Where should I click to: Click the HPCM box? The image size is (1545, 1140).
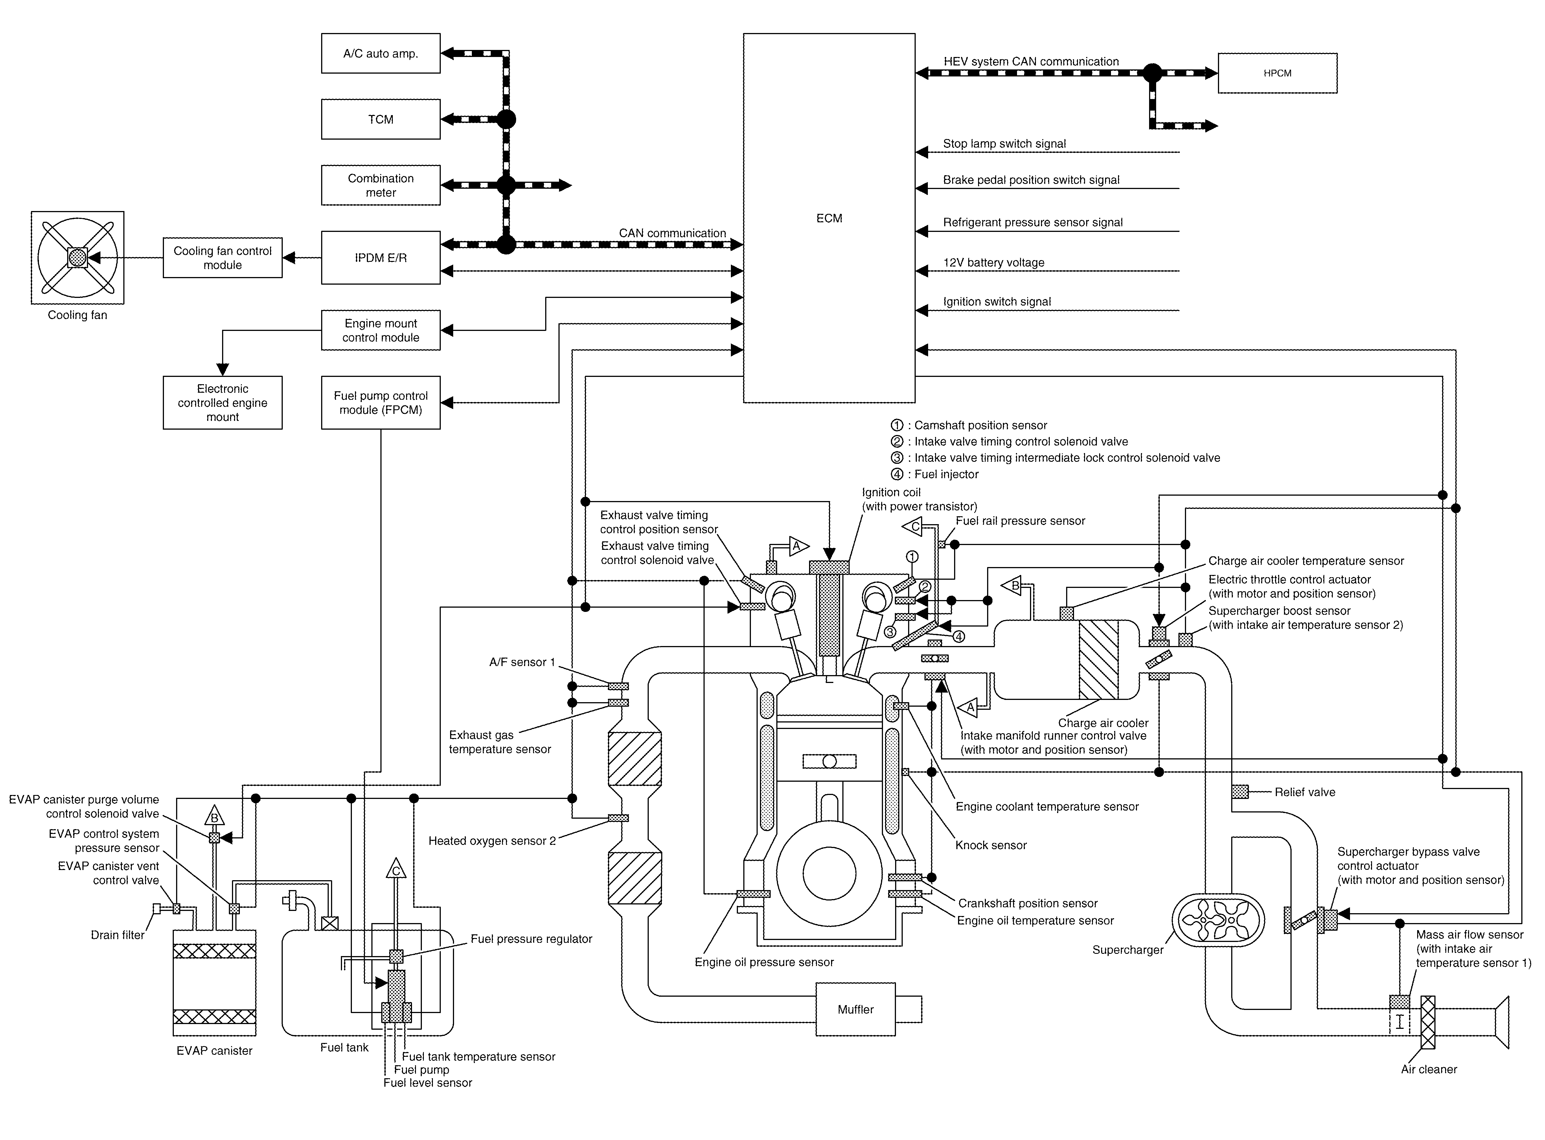click(1277, 73)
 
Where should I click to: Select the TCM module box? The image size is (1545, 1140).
click(380, 119)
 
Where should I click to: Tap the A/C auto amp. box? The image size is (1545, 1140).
click(380, 53)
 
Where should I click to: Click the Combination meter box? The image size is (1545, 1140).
click(380, 185)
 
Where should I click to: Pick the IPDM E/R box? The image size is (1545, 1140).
click(380, 257)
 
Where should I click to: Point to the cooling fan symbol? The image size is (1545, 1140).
click(77, 257)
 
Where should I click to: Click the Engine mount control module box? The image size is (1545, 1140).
click(380, 330)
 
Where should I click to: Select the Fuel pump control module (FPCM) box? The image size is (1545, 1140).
click(380, 402)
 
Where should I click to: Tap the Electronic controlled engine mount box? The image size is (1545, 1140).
click(222, 402)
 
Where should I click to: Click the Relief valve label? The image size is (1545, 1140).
click(1305, 792)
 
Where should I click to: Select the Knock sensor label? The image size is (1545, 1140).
click(991, 845)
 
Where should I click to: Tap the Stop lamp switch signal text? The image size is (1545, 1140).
click(1004, 144)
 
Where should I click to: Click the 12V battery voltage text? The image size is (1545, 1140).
click(993, 262)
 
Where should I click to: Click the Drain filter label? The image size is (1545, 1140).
click(117, 935)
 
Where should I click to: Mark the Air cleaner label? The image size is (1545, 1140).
click(1429, 1069)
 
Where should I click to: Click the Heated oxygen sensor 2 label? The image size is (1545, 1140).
click(492, 840)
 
